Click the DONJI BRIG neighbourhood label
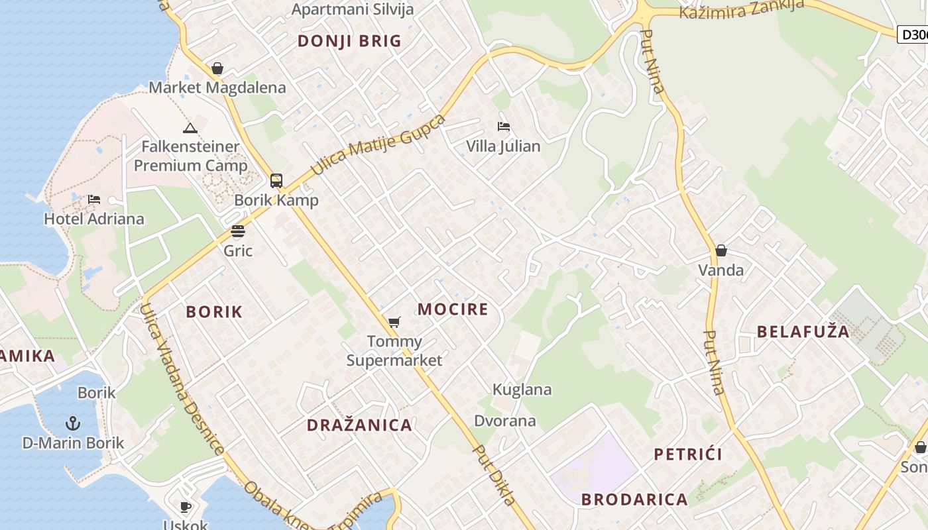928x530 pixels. (349, 41)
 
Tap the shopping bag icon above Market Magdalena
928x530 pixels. (217, 68)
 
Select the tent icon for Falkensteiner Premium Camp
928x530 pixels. (190, 128)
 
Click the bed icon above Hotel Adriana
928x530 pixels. (94, 199)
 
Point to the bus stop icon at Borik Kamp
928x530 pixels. (276, 181)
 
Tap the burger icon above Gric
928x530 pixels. (238, 231)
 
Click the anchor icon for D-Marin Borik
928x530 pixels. (73, 423)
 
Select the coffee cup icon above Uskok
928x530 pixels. (186, 507)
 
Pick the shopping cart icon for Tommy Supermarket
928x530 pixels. (394, 323)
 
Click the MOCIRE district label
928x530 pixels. (453, 309)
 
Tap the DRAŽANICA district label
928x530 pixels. (359, 425)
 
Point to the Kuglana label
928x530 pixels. (522, 390)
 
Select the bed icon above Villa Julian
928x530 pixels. (504, 127)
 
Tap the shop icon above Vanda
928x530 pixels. (721, 250)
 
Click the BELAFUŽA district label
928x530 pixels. (803, 332)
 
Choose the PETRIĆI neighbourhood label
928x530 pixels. (688, 454)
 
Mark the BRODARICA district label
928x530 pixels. (634, 500)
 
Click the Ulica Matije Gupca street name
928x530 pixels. (378, 145)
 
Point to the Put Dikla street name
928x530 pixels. (494, 475)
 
